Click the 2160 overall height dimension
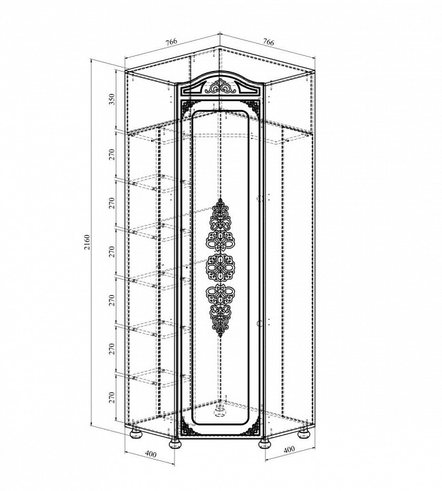pyautogui.click(x=87, y=242)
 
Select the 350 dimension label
pyautogui.click(x=112, y=100)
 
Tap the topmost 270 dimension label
pyautogui.click(x=112, y=155)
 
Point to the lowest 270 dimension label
pyautogui.click(x=112, y=398)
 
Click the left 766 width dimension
pyautogui.click(x=172, y=42)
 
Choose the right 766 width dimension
pyautogui.click(x=268, y=42)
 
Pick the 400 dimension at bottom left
pyautogui.click(x=151, y=453)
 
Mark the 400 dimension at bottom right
pyautogui.click(x=289, y=449)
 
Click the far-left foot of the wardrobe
pyautogui.click(x=136, y=435)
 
